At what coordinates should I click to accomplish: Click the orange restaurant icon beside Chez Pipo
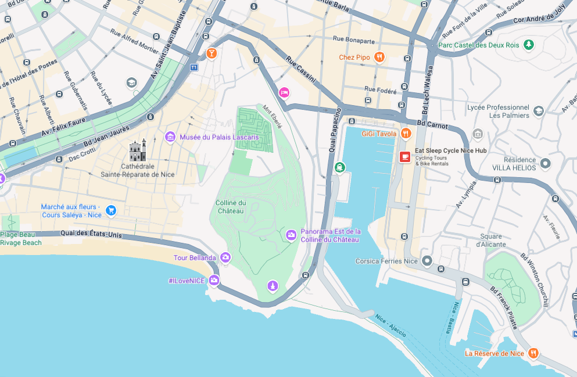point(379,57)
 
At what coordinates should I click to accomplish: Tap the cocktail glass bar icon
point(212,53)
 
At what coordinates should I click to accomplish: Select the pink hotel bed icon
point(284,92)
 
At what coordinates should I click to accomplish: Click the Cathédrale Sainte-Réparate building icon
point(138,150)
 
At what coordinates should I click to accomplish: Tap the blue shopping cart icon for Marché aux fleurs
point(111,210)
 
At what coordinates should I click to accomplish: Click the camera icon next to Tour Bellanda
point(225,257)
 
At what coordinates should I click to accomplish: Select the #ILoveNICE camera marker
point(214,281)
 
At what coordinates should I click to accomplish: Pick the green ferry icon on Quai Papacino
point(340,167)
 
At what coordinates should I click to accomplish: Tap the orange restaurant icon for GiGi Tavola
point(406,134)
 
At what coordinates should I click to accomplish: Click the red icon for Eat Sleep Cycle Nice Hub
point(405,156)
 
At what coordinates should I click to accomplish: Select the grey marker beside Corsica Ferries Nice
point(427,261)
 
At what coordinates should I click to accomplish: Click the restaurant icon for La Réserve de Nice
point(533,353)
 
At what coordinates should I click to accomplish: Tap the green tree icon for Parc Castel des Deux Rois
point(528,44)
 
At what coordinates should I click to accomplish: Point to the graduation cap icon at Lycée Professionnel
point(539,111)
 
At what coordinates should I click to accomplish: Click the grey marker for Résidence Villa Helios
point(545,163)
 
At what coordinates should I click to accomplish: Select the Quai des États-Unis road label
point(91,235)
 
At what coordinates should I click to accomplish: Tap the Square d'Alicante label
point(491,240)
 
